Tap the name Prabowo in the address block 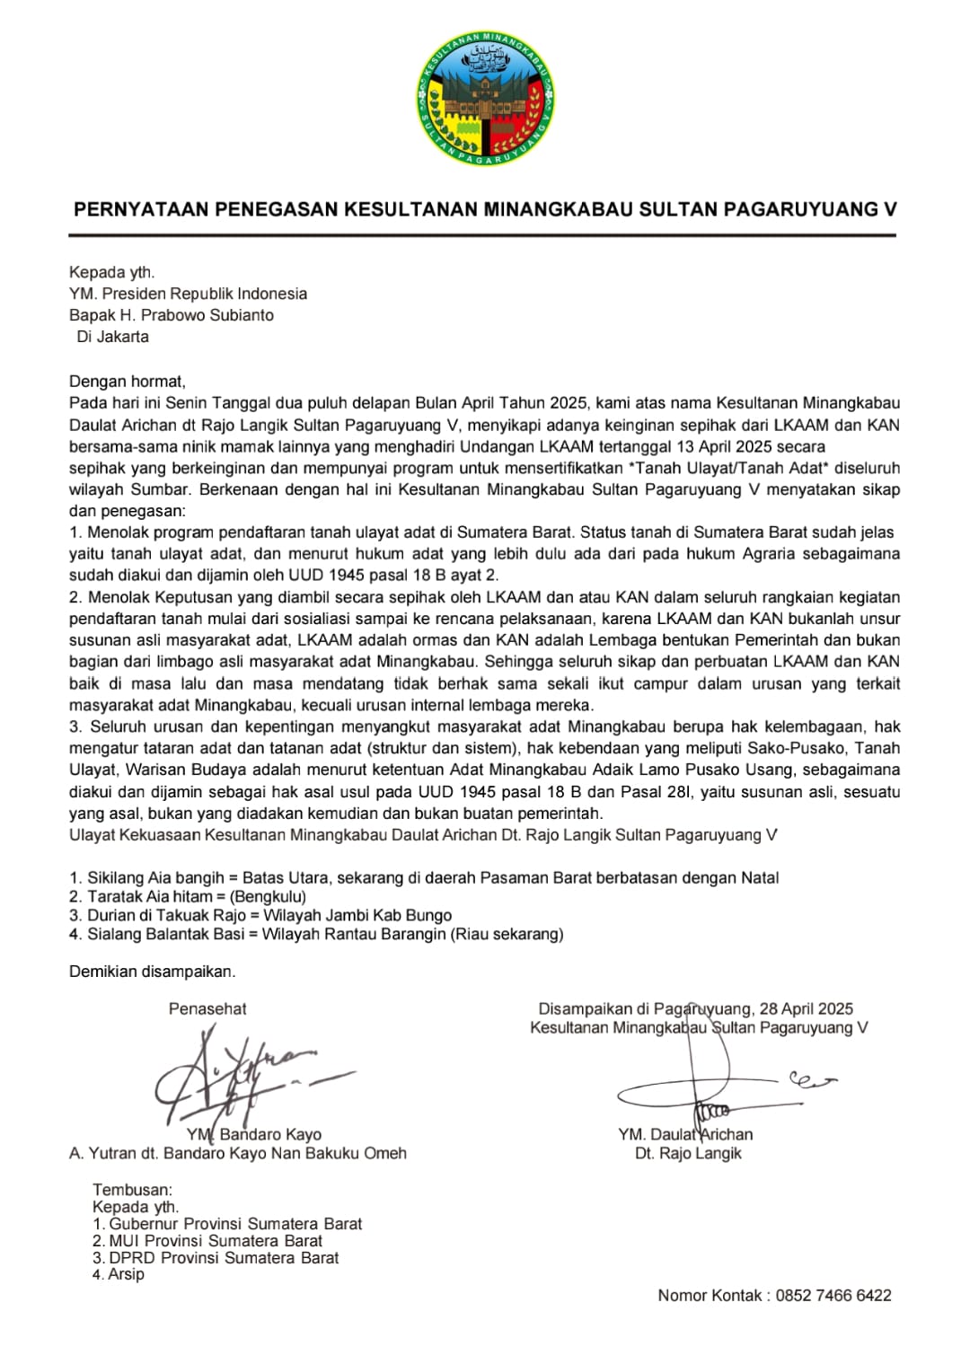[x=175, y=315]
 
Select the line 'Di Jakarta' [x=112, y=337]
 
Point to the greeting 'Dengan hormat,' [x=127, y=381]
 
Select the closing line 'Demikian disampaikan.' [x=152, y=971]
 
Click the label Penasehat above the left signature [x=207, y=1008]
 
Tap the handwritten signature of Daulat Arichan [x=710, y=1087]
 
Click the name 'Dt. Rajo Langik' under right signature [x=688, y=1153]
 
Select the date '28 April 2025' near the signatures [x=806, y=1008]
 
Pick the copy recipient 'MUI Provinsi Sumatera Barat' [x=215, y=1241]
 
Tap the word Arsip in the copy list [x=126, y=1273]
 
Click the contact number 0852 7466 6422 [x=833, y=1295]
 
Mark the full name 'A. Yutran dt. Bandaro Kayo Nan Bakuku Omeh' [x=238, y=1153]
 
